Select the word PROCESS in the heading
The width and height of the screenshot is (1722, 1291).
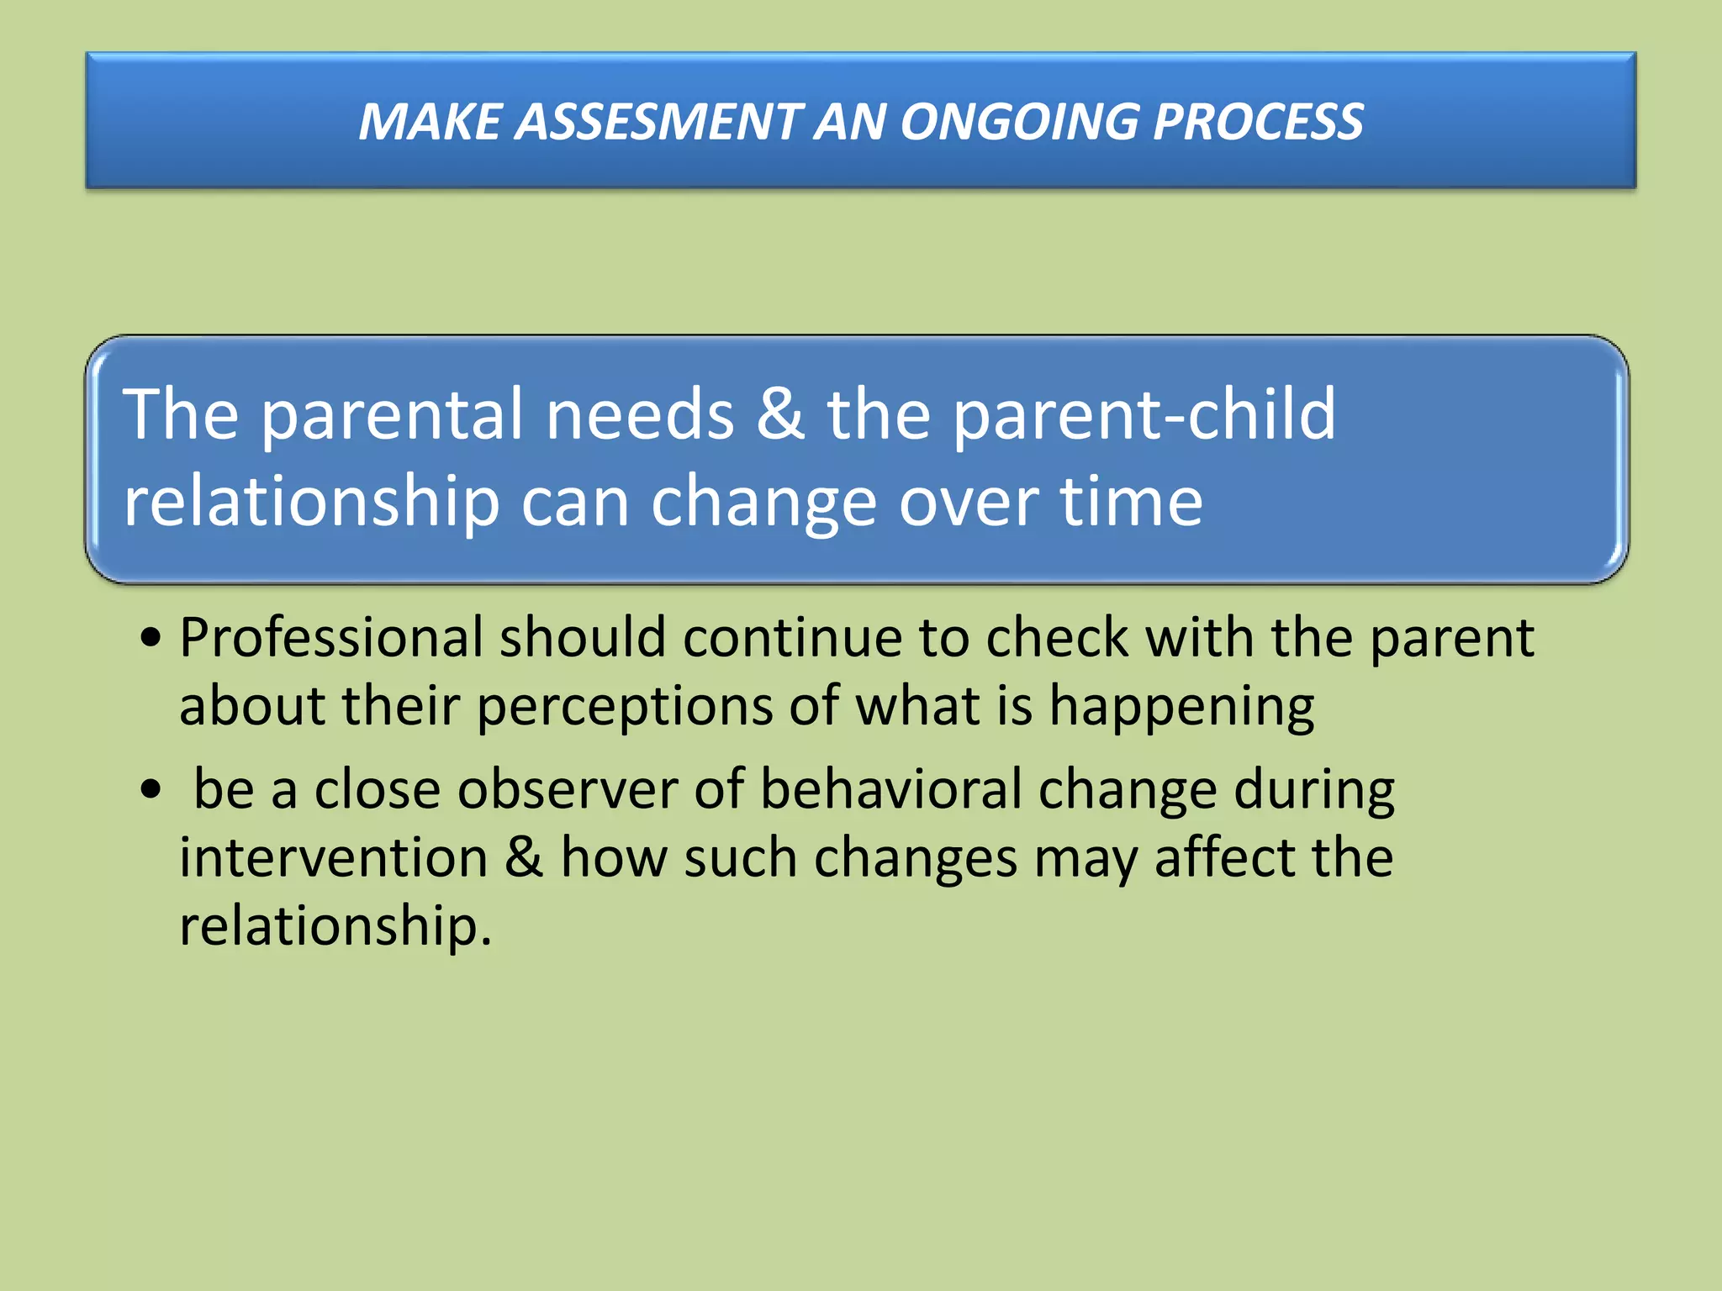1258,122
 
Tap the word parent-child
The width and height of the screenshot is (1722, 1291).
1144,415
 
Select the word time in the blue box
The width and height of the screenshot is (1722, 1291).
1130,502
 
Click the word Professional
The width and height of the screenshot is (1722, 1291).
331,639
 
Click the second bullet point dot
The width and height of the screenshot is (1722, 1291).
151,790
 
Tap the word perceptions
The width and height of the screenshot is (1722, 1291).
624,706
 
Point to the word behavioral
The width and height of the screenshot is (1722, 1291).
890,790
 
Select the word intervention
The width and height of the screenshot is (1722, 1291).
333,858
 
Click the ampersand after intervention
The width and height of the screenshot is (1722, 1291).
524,858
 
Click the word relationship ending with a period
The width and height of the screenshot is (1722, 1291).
335,927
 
